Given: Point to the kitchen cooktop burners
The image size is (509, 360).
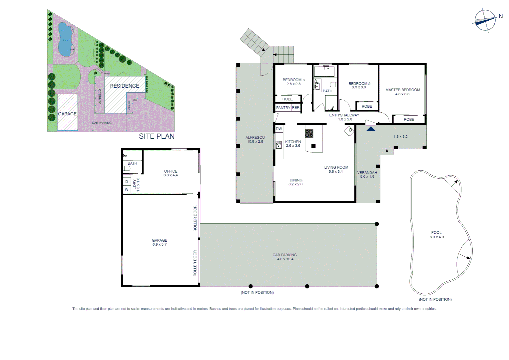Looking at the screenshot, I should pyautogui.click(x=309, y=133).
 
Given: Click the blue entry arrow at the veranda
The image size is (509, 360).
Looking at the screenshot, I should pyautogui.click(x=371, y=128).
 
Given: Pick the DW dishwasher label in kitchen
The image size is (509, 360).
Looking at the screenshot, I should pyautogui.click(x=279, y=129).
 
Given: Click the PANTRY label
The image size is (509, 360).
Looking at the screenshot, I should pyautogui.click(x=283, y=108).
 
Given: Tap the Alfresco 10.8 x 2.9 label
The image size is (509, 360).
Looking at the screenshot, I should pyautogui.click(x=255, y=139).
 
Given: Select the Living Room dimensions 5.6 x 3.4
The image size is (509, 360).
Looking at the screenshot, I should pyautogui.click(x=335, y=172).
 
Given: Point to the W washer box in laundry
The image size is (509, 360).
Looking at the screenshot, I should pyautogui.click(x=127, y=189).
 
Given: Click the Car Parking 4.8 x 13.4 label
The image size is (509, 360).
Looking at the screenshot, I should pyautogui.click(x=284, y=257).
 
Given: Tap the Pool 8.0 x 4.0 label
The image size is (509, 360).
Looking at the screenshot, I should pyautogui.click(x=436, y=235).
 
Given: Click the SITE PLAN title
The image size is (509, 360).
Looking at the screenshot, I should pyautogui.click(x=157, y=136).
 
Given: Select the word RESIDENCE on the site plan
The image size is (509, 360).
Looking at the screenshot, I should pyautogui.click(x=125, y=86).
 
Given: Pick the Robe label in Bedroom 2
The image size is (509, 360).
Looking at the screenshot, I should pyautogui.click(x=367, y=107).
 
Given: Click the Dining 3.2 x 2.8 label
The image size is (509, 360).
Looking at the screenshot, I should pyautogui.click(x=296, y=182).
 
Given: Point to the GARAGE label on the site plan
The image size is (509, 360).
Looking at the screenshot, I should pyautogui.click(x=67, y=114).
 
